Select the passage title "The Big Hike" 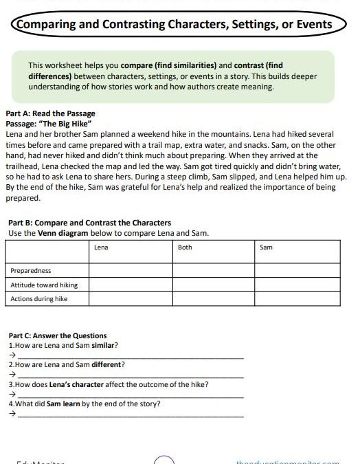pos(73,123)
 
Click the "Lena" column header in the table pos(101,247)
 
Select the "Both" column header pos(185,247)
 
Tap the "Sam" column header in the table pos(267,247)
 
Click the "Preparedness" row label pos(31,271)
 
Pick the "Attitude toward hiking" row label pos(44,285)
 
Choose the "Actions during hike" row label pos(39,299)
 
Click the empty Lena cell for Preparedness pos(131,271)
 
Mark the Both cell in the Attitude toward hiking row pos(214,285)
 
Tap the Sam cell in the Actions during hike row pos(300,299)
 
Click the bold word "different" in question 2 pos(108,364)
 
